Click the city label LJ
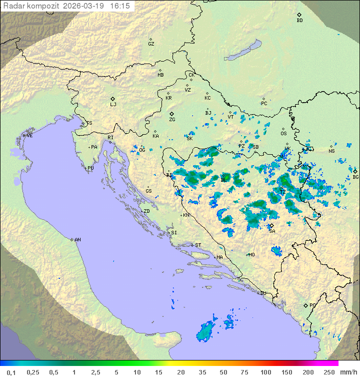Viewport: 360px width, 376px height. [113, 104]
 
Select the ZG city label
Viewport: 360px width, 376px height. [172, 120]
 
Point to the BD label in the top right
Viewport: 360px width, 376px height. [299, 21]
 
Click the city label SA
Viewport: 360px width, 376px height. [272, 231]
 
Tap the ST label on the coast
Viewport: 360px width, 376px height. [198, 245]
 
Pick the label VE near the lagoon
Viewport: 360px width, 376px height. [29, 136]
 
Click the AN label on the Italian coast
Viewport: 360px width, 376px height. [77, 240]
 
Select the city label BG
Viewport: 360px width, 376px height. [355, 177]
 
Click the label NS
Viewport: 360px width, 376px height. [331, 151]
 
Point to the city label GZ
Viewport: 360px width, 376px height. [151, 44]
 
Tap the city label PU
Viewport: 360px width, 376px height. [90, 168]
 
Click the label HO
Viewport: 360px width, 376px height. [251, 254]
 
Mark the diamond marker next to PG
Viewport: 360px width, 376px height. [305, 305]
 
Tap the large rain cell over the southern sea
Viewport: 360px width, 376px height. [205, 332]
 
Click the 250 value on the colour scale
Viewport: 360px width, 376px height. [328, 372]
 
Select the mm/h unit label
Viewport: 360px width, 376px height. [346, 372]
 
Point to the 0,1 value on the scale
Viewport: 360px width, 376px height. [11, 372]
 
